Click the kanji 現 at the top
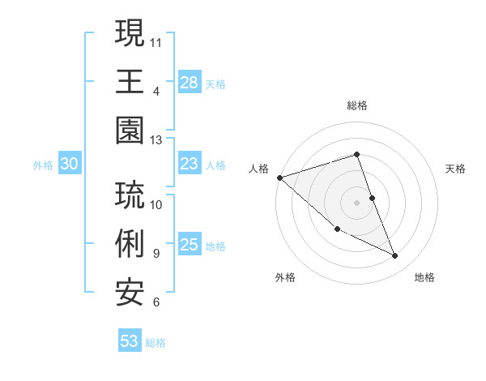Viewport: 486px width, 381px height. click(130, 34)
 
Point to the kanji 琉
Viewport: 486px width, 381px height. click(130, 196)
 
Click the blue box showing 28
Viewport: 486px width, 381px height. click(190, 83)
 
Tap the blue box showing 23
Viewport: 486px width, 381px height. click(190, 165)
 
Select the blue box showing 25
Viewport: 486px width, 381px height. click(190, 246)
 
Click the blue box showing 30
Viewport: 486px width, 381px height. click(69, 165)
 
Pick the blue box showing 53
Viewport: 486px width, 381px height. click(130, 341)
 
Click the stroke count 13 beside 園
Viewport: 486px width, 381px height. click(156, 140)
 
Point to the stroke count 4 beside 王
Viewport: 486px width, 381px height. click(156, 91)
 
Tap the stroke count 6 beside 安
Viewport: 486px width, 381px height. click(156, 302)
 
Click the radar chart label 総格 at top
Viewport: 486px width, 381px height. click(356, 105)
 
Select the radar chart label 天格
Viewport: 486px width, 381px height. click(456, 169)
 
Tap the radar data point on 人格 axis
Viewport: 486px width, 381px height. click(279, 178)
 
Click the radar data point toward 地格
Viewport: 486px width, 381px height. click(395, 256)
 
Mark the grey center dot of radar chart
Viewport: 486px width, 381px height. click(356, 202)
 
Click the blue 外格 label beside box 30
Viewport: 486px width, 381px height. click(43, 165)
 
